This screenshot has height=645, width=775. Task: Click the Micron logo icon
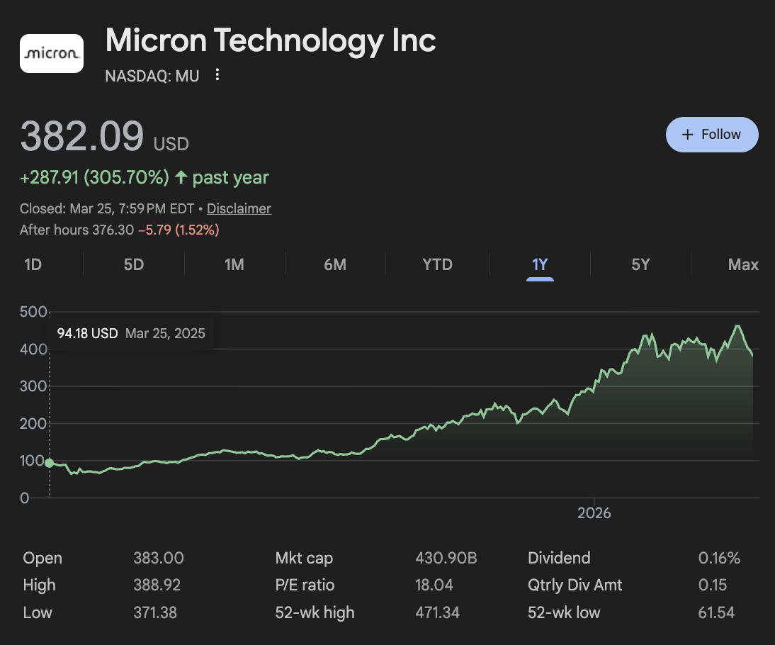point(51,53)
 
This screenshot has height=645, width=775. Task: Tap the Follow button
point(712,135)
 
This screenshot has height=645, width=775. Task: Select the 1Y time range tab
point(540,265)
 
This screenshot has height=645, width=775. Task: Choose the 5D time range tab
point(134,265)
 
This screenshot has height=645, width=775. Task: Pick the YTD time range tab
point(437,265)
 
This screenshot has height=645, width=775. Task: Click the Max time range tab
point(743,265)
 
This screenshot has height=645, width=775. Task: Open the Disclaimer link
point(239,208)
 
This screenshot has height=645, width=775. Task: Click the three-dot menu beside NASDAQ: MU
point(217,75)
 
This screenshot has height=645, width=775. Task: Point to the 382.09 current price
point(82,136)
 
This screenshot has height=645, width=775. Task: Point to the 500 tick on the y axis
point(34,312)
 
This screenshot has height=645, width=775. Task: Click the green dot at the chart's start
point(49,463)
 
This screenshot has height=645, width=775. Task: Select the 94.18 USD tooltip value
point(87,333)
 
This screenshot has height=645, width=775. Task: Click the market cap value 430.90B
point(446,559)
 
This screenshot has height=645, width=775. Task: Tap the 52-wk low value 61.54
point(716,613)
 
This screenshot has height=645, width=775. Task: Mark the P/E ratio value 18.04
point(434,585)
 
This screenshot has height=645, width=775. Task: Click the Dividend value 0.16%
point(719,559)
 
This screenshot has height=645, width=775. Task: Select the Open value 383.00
point(159,559)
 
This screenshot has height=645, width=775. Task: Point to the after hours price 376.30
point(113,230)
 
